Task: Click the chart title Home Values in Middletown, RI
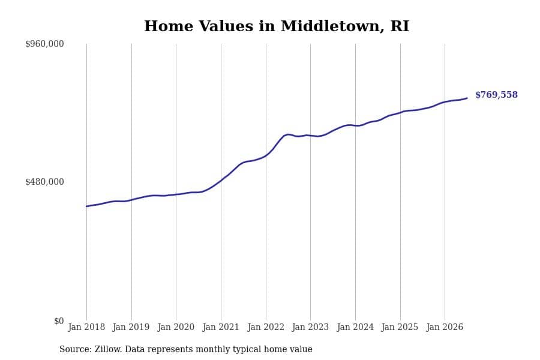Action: point(277,26)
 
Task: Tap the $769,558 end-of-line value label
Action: point(496,95)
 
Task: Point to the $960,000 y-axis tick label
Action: point(44,44)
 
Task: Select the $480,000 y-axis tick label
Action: point(44,182)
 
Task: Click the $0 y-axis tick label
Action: point(59,321)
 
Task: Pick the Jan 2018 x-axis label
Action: point(86,327)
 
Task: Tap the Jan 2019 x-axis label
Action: point(131,327)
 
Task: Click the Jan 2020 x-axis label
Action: point(176,327)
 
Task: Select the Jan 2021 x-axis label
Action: point(221,327)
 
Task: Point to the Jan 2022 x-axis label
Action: point(266,327)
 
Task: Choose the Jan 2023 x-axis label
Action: point(310,327)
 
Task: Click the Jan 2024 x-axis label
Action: point(355,327)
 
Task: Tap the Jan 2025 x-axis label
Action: point(400,327)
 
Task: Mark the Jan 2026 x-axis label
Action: point(445,327)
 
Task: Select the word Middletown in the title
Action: point(330,26)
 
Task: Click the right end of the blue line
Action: point(467,98)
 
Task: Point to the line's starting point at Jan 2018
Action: point(86,206)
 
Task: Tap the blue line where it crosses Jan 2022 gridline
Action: point(266,155)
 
